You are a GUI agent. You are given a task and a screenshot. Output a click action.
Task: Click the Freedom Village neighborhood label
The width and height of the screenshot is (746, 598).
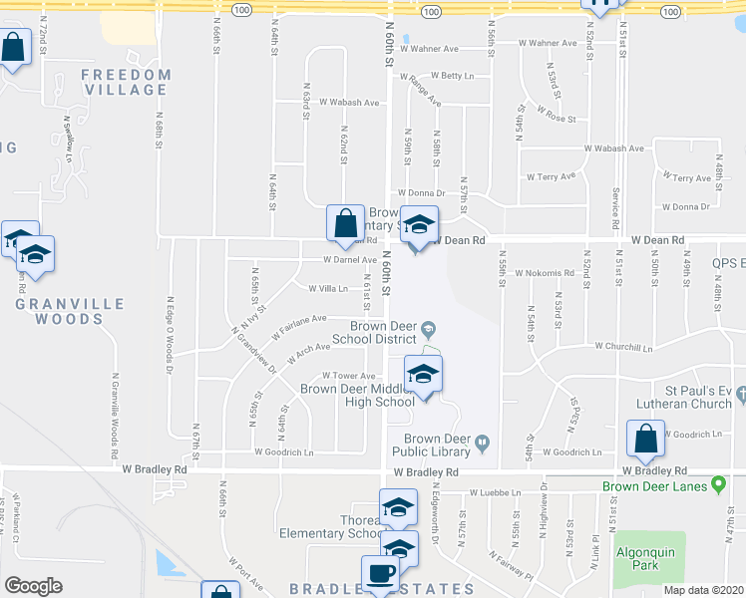pos(126,82)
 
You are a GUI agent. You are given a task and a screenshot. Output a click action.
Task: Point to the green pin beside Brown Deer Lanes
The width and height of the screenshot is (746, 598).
pos(717,486)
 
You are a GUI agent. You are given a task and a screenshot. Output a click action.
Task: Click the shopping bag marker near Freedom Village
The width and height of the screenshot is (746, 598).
pos(14,47)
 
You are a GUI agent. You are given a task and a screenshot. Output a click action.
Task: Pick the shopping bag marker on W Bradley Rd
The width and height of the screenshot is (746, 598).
pos(645,439)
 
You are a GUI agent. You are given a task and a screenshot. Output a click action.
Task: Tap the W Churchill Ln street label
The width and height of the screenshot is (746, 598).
pos(623,348)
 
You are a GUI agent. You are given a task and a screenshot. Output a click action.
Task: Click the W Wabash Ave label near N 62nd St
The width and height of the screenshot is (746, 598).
pos(349,103)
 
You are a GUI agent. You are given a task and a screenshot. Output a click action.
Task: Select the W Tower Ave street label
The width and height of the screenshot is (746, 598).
pos(347,376)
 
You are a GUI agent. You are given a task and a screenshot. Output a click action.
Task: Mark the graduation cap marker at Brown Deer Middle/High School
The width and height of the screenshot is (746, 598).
pos(423,375)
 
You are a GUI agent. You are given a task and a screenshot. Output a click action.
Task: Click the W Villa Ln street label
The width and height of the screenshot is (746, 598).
pos(327,289)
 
